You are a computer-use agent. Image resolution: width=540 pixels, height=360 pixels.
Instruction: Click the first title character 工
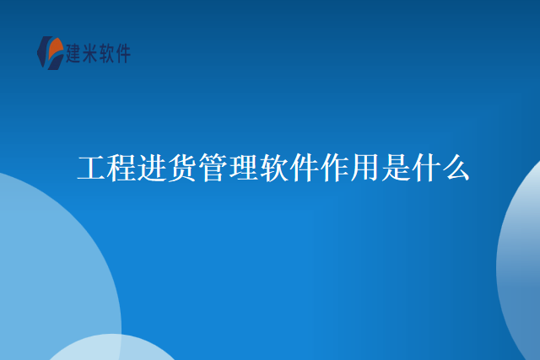(x=91, y=168)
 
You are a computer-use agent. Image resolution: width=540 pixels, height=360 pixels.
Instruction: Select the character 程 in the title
(x=121, y=168)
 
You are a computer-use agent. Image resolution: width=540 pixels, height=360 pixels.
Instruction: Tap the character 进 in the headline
(x=152, y=168)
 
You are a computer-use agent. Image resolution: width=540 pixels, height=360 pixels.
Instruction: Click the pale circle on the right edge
(x=521, y=261)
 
